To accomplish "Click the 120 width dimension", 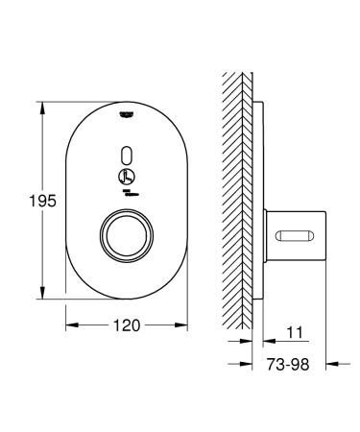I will (x=123, y=325).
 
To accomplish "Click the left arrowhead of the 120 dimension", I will (x=70, y=325).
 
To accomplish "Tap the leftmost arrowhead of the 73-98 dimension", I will (x=247, y=363).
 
